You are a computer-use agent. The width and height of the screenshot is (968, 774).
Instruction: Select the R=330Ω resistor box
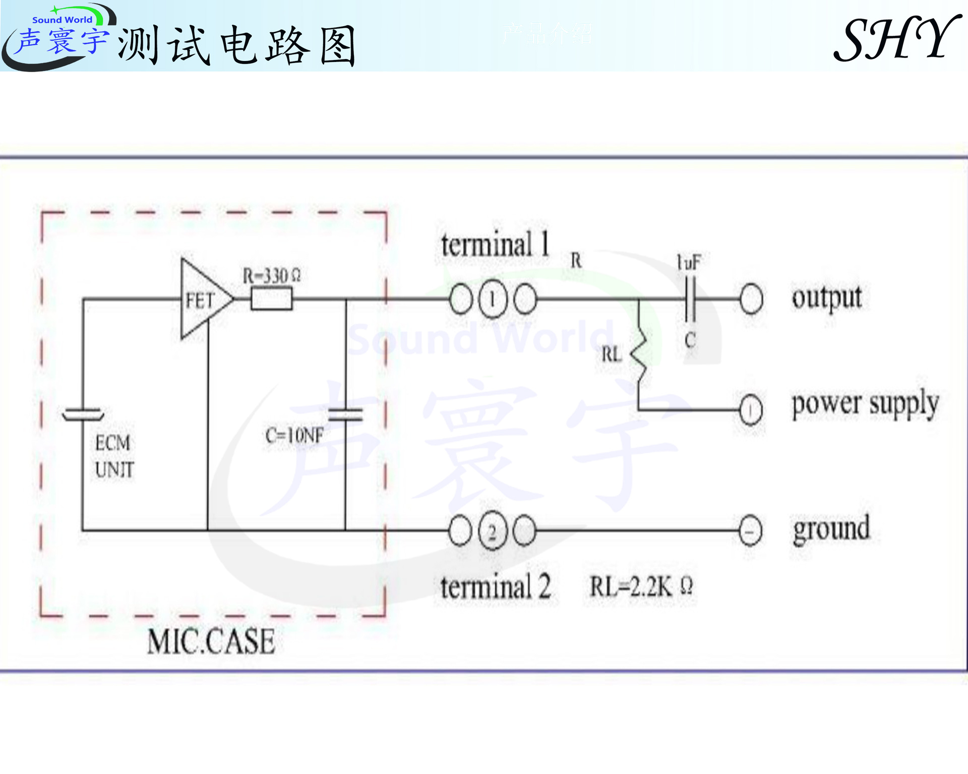tap(271, 299)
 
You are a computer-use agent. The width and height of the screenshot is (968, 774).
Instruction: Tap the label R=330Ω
tap(271, 275)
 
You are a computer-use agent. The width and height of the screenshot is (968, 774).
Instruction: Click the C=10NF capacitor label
tap(294, 435)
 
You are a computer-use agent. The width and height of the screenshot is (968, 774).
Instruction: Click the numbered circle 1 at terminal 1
tap(493, 299)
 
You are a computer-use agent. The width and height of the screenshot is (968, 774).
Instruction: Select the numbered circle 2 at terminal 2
tap(493, 530)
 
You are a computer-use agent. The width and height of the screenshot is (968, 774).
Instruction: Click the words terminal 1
tap(495, 245)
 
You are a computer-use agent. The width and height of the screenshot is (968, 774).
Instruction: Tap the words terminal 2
tap(495, 587)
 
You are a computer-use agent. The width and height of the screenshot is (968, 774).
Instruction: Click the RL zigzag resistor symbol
tap(639, 352)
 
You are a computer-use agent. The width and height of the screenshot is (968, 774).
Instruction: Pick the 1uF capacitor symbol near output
tap(690, 299)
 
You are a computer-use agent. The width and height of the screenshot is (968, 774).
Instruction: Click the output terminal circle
tap(751, 299)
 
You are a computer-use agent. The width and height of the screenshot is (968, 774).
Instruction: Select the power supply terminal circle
tap(751, 409)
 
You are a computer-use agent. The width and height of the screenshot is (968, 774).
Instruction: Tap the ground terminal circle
tap(750, 531)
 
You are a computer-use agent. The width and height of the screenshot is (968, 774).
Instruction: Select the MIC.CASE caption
tap(211, 641)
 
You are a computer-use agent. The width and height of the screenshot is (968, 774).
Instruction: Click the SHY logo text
tap(897, 39)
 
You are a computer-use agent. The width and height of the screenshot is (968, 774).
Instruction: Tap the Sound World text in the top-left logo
tap(62, 20)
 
